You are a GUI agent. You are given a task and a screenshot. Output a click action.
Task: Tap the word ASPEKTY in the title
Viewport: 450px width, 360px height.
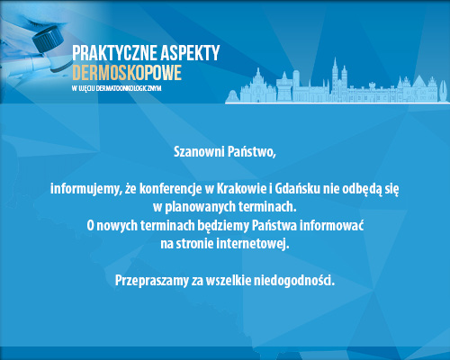pyautogui.click(x=189, y=53)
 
